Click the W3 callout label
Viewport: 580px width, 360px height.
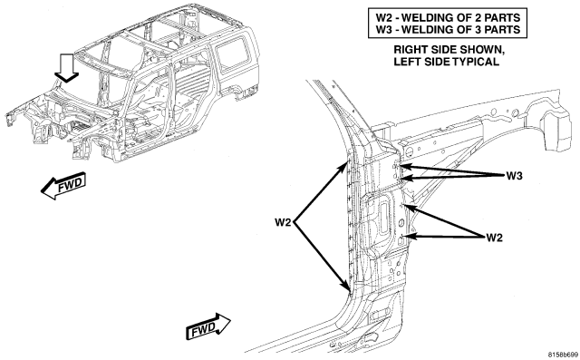(515, 176)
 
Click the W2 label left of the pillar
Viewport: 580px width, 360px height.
(283, 223)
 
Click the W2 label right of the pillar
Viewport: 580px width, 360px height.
(495, 238)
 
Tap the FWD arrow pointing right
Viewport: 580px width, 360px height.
(208, 326)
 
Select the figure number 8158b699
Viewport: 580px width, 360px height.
(563, 355)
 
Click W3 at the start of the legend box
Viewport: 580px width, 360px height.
(384, 29)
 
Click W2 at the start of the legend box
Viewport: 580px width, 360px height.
(384, 17)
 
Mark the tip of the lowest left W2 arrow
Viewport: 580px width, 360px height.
(348, 289)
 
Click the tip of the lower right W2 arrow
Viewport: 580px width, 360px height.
(405, 236)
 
